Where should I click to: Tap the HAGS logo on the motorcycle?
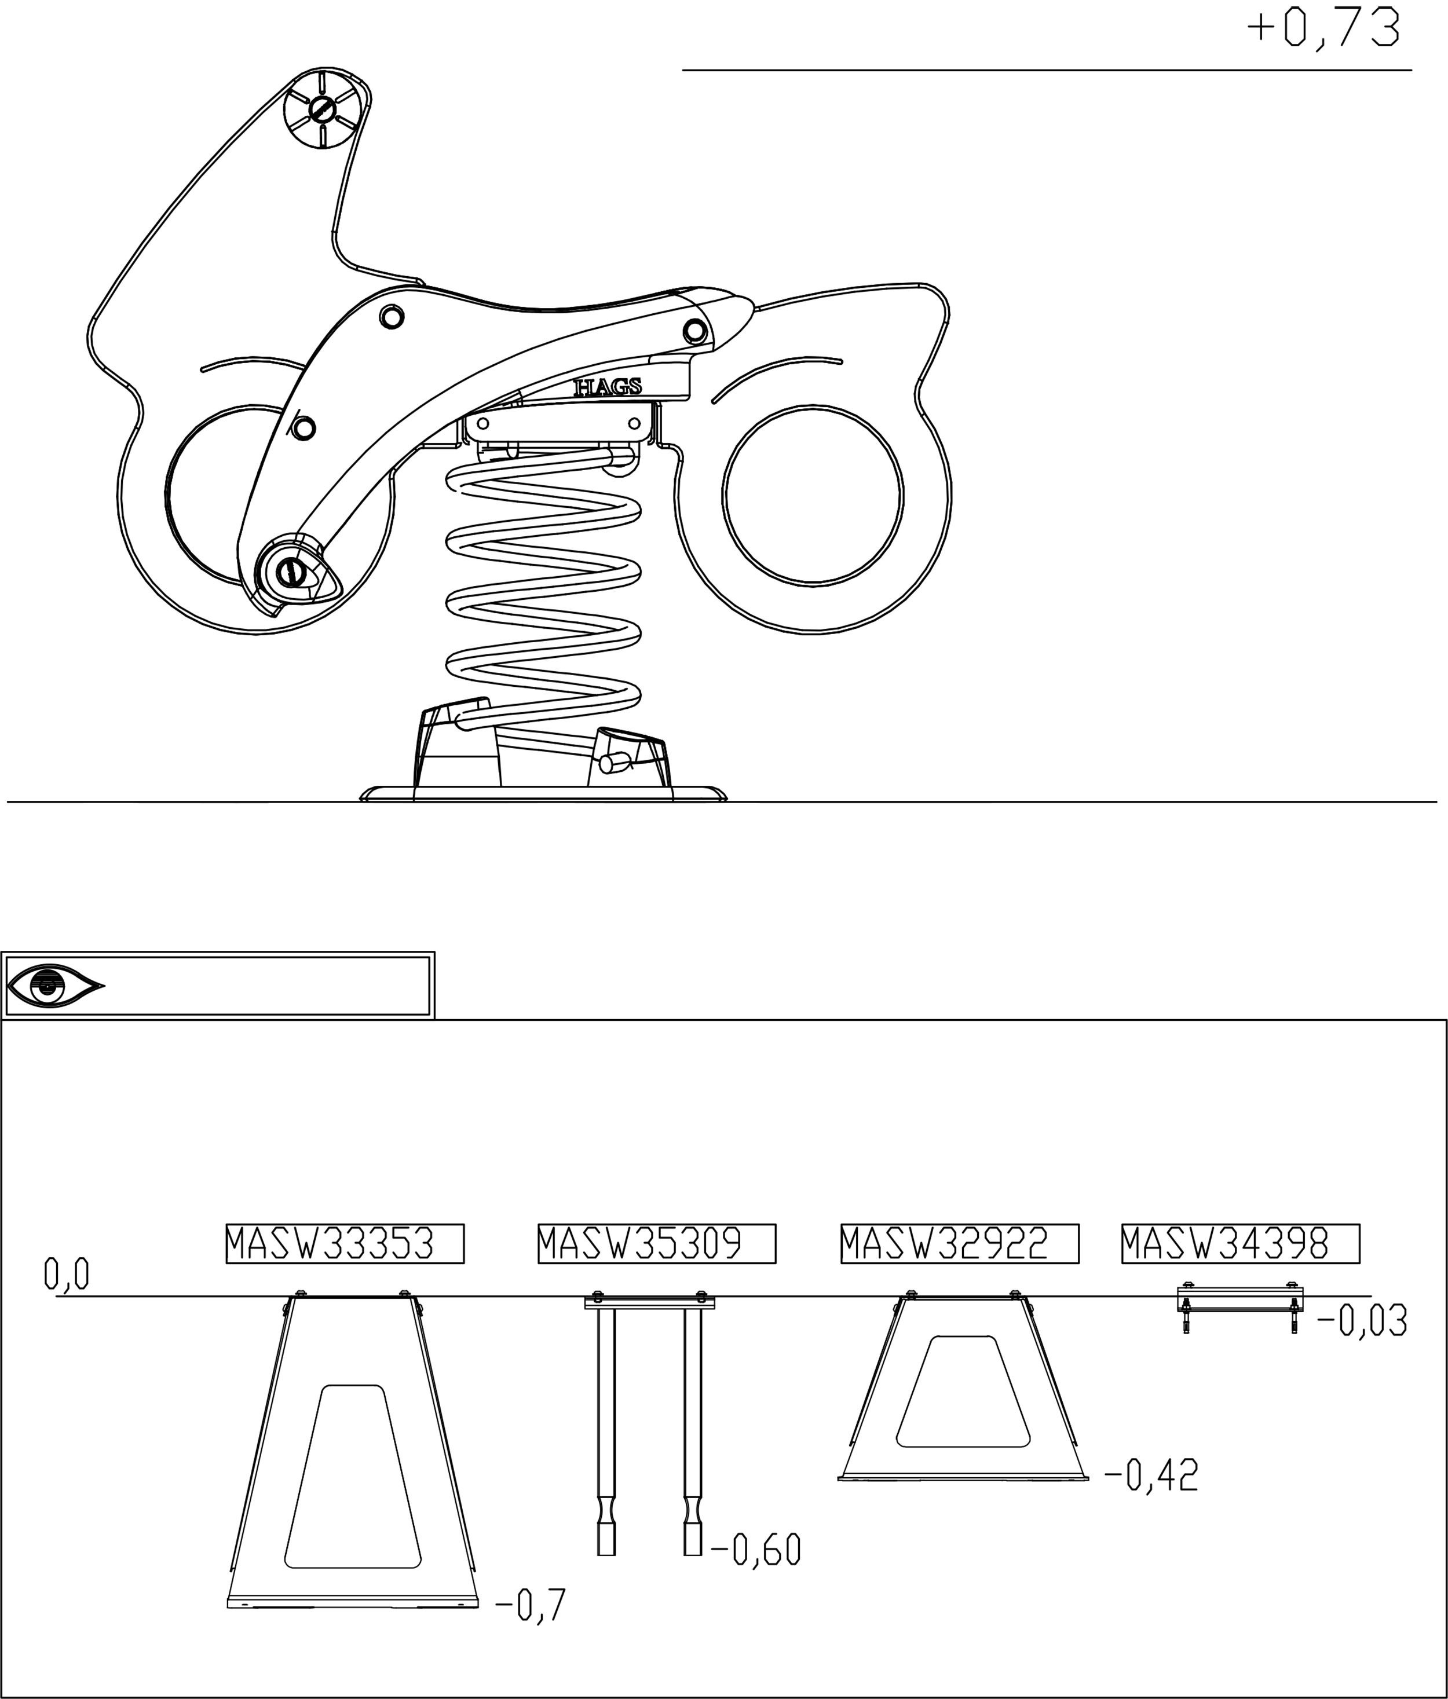(x=608, y=387)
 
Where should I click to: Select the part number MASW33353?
(x=345, y=1244)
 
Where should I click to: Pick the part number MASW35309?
(x=656, y=1244)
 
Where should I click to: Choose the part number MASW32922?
(x=959, y=1244)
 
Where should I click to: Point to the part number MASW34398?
(x=1239, y=1244)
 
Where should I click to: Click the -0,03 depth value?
(x=1361, y=1321)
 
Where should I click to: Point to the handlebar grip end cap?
(x=323, y=108)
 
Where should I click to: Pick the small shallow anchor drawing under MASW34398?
(x=1239, y=1305)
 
